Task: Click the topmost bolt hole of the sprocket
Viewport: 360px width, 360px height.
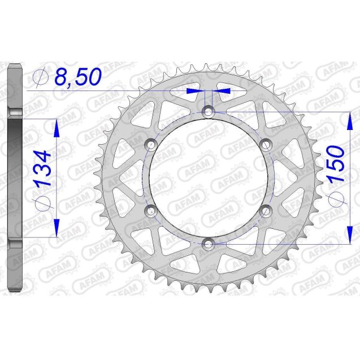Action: pyautogui.click(x=209, y=111)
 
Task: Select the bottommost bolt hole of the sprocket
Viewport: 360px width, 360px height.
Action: pyautogui.click(x=209, y=244)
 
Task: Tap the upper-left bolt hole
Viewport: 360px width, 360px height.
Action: pyautogui.click(x=151, y=145)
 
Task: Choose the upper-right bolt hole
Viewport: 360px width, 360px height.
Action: pyautogui.click(x=266, y=145)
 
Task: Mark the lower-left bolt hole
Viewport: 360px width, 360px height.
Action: pyautogui.click(x=151, y=211)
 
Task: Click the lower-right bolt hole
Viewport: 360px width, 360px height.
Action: pyautogui.click(x=266, y=211)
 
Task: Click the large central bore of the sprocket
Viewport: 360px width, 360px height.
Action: pyautogui.click(x=209, y=178)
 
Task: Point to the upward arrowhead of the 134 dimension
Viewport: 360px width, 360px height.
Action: pyautogui.click(x=57, y=129)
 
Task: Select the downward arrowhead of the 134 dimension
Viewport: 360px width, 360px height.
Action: pyautogui.click(x=57, y=226)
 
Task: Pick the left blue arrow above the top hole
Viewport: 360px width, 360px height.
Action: pyautogui.click(x=194, y=90)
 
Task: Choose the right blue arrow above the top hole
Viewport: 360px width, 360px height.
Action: pyautogui.click(x=223, y=90)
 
